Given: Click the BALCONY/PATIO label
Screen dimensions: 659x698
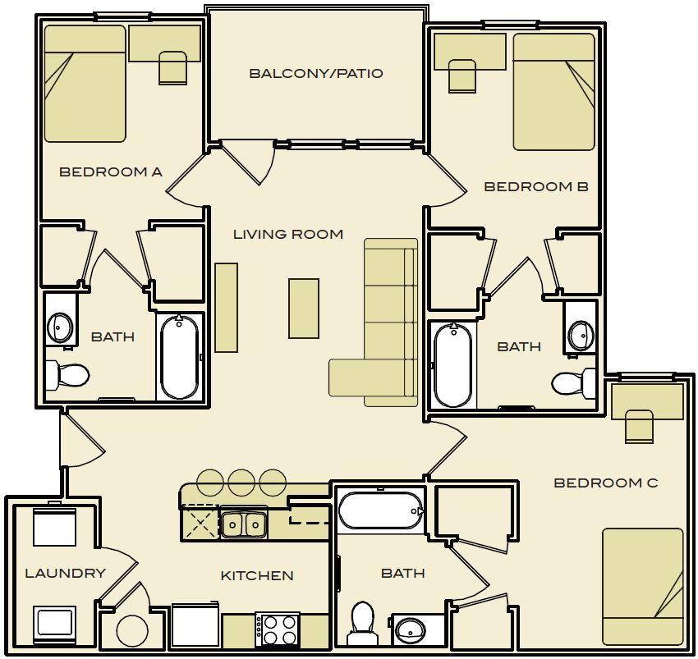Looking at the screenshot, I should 316,74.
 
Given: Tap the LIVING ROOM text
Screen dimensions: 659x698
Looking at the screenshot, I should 287,235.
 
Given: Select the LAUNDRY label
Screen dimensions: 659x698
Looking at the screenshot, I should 65,573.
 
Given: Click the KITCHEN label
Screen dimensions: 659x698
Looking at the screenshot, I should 257,576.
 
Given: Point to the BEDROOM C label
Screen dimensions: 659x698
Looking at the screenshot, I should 605,483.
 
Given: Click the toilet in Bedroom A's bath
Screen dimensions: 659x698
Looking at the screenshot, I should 67,376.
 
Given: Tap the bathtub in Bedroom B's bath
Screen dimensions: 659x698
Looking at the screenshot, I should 452,364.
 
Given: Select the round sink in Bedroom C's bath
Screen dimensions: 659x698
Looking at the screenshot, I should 411,630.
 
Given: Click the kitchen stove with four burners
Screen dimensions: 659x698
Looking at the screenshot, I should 277,630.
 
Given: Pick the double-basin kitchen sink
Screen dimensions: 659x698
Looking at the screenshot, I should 244,524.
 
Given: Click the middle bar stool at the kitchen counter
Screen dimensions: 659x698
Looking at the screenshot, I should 241,482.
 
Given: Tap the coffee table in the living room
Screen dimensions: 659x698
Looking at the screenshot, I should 303,308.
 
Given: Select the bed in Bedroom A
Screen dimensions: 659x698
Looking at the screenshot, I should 85,84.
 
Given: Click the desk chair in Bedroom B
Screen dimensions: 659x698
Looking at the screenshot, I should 462,76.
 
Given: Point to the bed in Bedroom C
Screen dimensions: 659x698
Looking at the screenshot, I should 642,586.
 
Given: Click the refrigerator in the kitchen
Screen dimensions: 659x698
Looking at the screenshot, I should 195,626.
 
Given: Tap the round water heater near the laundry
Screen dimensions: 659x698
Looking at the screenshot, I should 131,631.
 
